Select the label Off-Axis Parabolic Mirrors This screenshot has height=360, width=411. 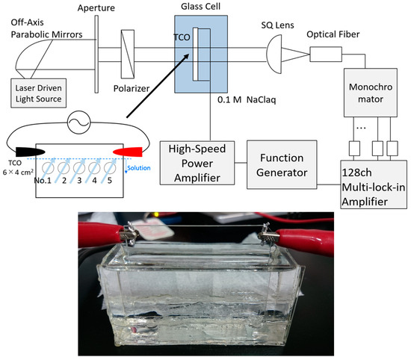point(37,34)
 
